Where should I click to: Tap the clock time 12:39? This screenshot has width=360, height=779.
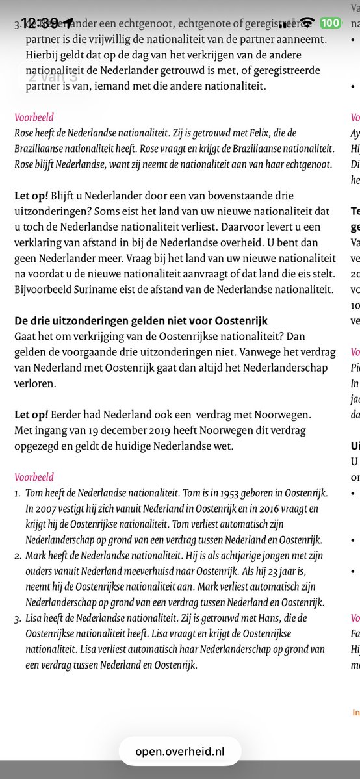click(x=40, y=23)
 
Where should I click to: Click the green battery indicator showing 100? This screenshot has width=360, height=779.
click(x=329, y=23)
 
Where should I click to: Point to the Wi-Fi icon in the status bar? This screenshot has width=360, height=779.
click(x=307, y=23)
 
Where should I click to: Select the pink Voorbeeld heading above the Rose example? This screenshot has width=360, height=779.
click(x=34, y=118)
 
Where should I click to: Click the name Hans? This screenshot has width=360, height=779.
click(x=283, y=618)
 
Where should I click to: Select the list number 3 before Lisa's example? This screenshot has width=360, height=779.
click(x=18, y=618)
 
